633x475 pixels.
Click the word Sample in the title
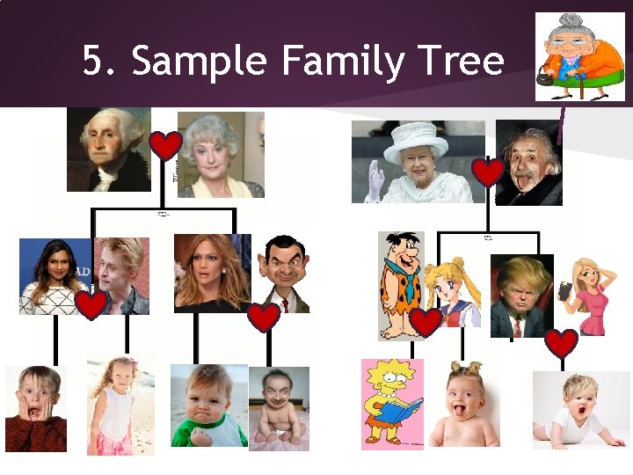[201, 62]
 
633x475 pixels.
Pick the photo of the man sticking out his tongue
[528, 163]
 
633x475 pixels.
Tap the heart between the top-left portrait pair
[164, 145]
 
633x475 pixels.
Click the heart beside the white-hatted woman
[488, 172]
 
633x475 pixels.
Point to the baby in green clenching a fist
[207, 406]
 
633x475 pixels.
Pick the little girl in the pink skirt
[120, 406]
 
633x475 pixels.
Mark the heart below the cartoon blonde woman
[561, 343]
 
